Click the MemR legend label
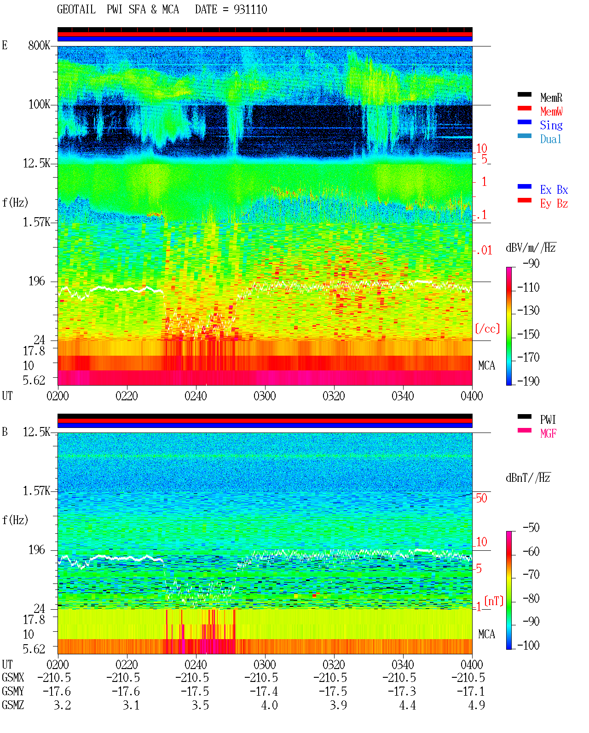point(551,98)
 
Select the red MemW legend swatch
point(524,108)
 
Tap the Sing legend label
point(551,125)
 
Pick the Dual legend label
point(551,139)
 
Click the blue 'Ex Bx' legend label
point(554,190)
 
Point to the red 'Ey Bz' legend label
point(554,204)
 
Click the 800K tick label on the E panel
point(39,45)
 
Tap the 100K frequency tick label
point(39,104)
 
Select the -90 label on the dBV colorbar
point(531,263)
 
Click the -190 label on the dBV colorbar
point(528,381)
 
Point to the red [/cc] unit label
point(487,329)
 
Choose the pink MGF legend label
point(549,433)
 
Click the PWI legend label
point(548,420)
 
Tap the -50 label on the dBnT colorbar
point(531,528)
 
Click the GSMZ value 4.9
point(476,705)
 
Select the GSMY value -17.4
point(264,692)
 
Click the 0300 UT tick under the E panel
point(265,396)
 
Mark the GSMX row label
point(13,677)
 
